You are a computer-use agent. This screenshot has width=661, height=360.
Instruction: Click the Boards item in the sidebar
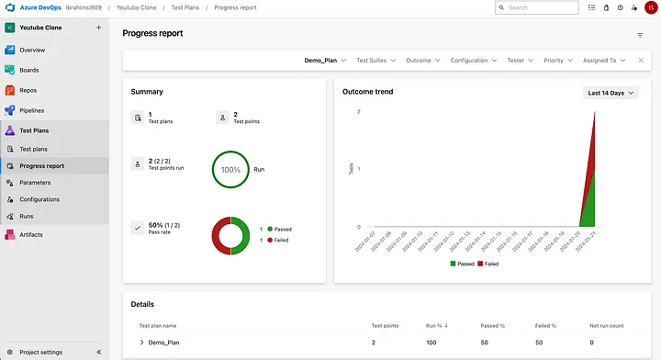click(29, 70)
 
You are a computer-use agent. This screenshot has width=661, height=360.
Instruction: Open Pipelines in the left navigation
click(32, 110)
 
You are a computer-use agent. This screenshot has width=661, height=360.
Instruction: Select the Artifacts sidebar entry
click(31, 235)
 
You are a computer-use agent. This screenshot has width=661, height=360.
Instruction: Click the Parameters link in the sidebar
click(35, 183)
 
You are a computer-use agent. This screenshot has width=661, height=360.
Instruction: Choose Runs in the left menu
click(27, 217)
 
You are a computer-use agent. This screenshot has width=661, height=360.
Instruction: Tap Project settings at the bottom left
click(41, 352)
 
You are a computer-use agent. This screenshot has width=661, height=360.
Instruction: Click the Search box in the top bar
click(542, 7)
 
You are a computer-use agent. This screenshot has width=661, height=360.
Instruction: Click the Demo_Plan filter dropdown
click(325, 61)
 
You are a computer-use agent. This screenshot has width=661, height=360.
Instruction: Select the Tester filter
click(519, 61)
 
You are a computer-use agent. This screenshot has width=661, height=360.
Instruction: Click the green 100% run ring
click(230, 170)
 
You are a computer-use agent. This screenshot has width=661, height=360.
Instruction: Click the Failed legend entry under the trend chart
click(487, 264)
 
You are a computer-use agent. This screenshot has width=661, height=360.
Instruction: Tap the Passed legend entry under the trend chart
click(462, 264)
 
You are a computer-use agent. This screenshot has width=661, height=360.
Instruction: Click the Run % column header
click(438, 325)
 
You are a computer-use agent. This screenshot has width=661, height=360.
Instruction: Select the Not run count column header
click(605, 325)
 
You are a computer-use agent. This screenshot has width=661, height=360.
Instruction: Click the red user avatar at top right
click(650, 7)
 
